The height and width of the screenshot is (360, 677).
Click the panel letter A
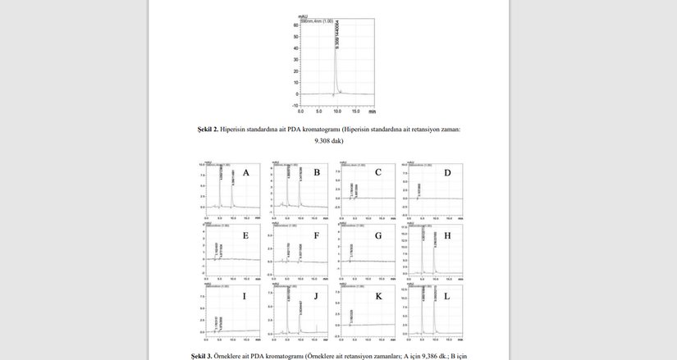(x=245, y=173)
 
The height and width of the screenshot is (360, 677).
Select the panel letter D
(x=447, y=173)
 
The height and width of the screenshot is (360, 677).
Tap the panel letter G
(x=378, y=235)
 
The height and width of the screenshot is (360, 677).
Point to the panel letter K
(x=378, y=295)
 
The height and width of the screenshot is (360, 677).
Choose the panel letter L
(x=446, y=295)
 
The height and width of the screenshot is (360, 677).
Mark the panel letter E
(x=245, y=235)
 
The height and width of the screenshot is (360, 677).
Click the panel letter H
(x=446, y=235)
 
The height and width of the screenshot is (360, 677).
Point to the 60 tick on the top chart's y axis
(x=295, y=25)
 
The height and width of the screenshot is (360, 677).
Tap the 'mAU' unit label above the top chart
(x=303, y=15)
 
